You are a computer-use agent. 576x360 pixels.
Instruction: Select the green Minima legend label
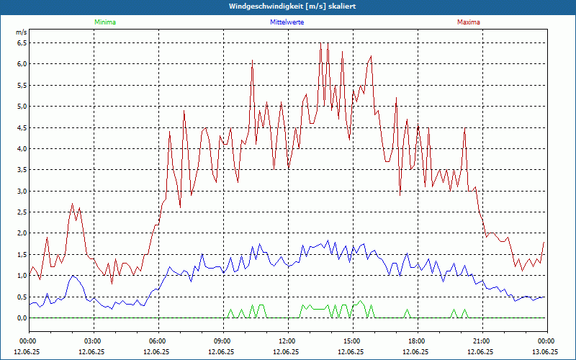coord(104,22)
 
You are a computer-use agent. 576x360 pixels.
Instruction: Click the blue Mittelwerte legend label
coord(287,22)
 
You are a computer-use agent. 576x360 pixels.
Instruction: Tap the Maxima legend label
coord(468,22)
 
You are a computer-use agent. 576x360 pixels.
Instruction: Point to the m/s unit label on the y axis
coord(21,32)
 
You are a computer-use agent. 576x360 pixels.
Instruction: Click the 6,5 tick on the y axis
coord(22,42)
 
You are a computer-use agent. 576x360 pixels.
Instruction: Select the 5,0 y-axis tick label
coord(22,107)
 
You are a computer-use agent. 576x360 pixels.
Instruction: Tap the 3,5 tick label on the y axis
coord(22,170)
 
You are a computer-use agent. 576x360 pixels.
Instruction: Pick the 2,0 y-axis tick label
coord(22,233)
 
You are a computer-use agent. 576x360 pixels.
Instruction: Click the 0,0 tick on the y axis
coord(22,318)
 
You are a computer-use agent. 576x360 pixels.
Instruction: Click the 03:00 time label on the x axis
coord(92,341)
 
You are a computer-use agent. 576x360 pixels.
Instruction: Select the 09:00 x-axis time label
coord(222,341)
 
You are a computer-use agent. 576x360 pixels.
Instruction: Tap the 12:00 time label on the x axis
coord(287,341)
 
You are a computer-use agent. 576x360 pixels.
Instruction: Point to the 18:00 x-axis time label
coord(416,341)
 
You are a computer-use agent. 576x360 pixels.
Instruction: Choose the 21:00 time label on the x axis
coord(481,341)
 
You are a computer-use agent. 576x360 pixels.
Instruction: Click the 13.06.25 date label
coord(545,352)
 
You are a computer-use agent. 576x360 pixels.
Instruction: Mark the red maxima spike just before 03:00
coord(72,204)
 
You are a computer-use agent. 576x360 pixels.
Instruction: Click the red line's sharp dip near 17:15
coord(400,194)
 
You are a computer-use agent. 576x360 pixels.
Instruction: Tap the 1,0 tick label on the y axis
coord(22,276)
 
